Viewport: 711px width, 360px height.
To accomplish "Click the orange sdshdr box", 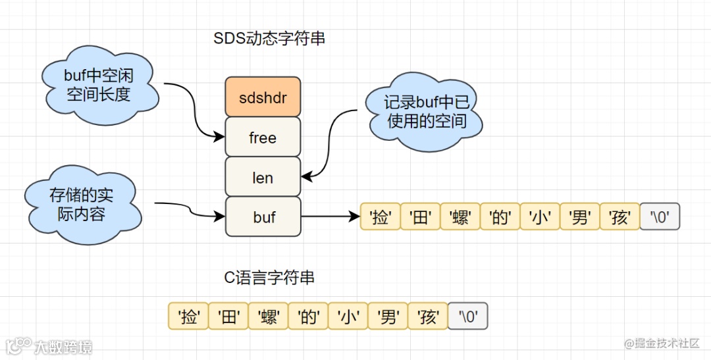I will pos(263,97).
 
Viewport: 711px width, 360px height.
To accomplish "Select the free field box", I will pos(263,138).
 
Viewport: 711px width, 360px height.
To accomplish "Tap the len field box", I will pos(263,178).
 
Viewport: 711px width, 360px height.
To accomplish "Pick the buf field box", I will pos(263,217).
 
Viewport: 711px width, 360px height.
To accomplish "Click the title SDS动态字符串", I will pos(269,39).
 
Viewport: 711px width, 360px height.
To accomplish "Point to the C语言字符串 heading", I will pos(269,278).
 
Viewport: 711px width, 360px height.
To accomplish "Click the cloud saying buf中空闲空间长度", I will pos(99,84).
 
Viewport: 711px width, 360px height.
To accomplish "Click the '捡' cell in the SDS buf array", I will pos(381,217).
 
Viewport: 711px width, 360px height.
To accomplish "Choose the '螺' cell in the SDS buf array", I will pos(460,217).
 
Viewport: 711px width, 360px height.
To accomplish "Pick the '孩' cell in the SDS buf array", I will pos(619,217).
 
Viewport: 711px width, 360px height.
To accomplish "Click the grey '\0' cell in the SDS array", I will pos(659,217).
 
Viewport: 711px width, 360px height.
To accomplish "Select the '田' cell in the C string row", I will pos(228,317).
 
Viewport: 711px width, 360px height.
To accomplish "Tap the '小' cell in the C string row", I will pos(348,317).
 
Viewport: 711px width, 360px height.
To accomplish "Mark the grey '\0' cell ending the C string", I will pos(468,317).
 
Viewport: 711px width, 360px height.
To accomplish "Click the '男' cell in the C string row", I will pos(388,317).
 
